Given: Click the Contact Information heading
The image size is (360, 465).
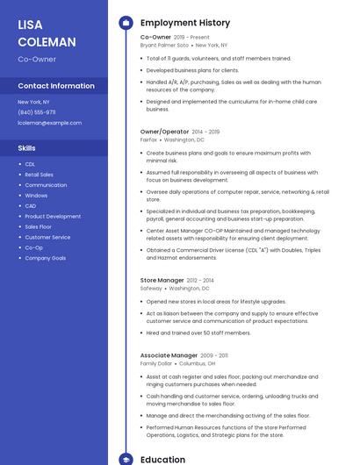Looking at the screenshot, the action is click(56, 86).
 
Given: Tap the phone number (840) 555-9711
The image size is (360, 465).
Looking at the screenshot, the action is click(37, 112).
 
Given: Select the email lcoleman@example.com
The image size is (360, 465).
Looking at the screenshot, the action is click(49, 123).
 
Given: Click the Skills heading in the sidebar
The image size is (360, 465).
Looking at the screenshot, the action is click(27, 148).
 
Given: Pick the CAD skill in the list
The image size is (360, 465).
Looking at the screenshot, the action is click(30, 206).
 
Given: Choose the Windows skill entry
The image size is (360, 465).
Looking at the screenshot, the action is click(36, 196).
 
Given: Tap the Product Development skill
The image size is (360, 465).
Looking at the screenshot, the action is click(53, 217).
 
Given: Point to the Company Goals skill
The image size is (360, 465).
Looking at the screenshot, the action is click(45, 258).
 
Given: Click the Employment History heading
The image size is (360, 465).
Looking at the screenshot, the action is click(185, 23).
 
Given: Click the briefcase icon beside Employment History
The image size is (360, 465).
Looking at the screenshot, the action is click(125, 23).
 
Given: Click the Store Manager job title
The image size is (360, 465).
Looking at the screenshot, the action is click(162, 280).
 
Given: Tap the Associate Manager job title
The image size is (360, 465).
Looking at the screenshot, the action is click(169, 355).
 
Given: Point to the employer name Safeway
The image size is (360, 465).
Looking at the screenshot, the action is click(151, 288).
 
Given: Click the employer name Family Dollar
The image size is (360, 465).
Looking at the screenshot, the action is click(156, 363).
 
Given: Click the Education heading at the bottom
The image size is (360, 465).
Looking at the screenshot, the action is click(162, 459).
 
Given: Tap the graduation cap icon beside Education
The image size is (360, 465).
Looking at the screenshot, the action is click(125, 459).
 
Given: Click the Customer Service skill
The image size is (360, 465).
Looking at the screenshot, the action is click(47, 237).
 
